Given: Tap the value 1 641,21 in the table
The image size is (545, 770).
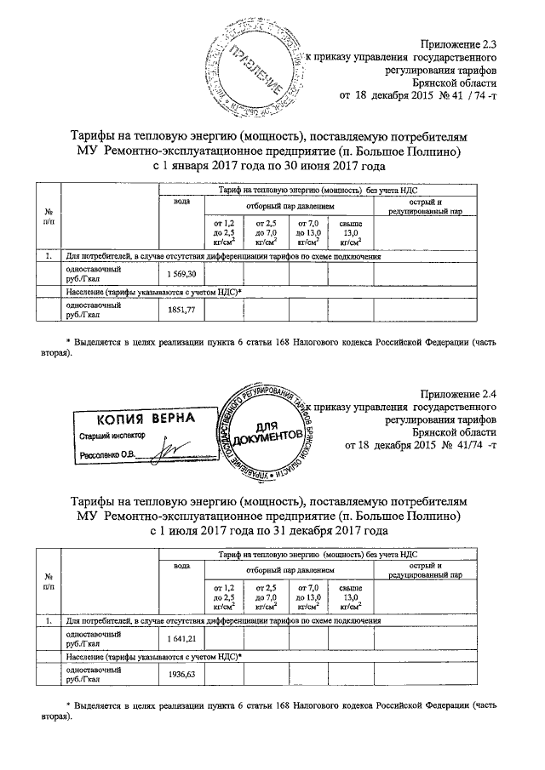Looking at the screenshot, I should [182, 638].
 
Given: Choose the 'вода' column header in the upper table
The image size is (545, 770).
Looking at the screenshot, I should [181, 202].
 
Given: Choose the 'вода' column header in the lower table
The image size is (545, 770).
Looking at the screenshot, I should [181, 567].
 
